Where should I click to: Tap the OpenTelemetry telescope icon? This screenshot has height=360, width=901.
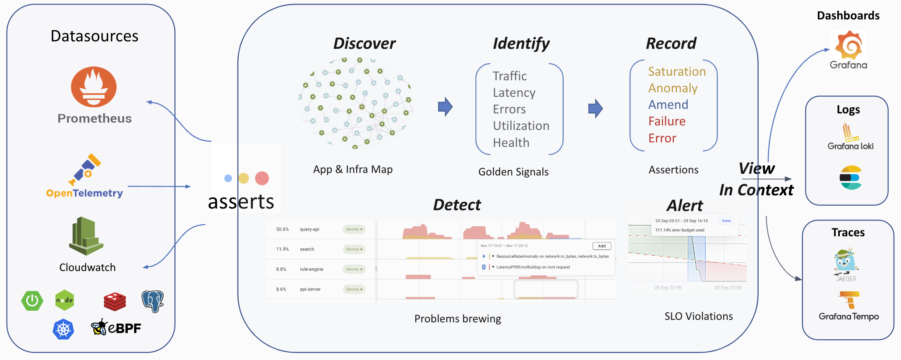click(86, 170)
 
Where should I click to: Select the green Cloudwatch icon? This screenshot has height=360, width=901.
click(86, 236)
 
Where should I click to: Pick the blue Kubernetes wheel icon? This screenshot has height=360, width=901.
click(63, 329)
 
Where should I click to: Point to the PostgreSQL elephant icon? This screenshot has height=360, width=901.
click(153, 301)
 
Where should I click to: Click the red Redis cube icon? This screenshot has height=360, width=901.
click(115, 301)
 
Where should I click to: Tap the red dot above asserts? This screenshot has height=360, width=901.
click(262, 178)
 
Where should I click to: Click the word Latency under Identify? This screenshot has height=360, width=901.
click(514, 93)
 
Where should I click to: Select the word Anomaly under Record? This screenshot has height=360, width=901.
click(673, 88)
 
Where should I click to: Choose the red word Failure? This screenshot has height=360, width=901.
click(667, 121)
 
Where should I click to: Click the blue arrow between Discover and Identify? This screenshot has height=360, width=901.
click(445, 107)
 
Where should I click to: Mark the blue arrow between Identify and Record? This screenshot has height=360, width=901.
click(595, 108)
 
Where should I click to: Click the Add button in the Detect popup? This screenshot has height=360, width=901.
click(601, 246)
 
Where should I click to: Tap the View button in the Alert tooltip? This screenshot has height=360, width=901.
click(726, 221)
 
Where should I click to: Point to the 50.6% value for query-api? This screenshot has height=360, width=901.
click(283, 229)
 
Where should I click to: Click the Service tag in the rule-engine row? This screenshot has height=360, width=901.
click(354, 269)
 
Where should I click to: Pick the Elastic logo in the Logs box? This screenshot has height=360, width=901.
click(850, 178)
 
